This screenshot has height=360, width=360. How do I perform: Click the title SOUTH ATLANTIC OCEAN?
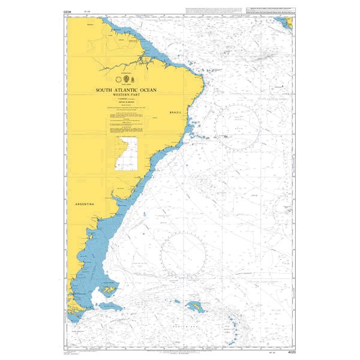coord(126,90)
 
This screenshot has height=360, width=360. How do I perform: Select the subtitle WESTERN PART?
coord(126,95)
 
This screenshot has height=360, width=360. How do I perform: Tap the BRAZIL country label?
coord(175,113)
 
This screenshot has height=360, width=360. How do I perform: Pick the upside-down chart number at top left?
coord(59,11)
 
